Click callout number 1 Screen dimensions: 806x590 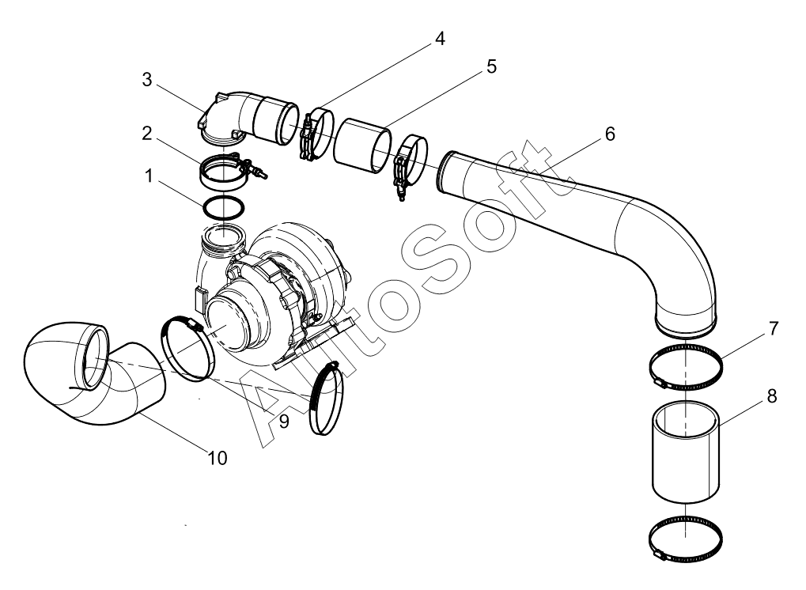click(x=149, y=176)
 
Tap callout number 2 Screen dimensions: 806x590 click(x=147, y=133)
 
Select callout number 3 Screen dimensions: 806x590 click(x=147, y=80)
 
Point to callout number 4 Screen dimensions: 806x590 click(x=440, y=39)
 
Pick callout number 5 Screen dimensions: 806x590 click(x=491, y=66)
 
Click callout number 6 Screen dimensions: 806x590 click(x=610, y=134)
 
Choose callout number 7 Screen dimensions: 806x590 click(x=774, y=328)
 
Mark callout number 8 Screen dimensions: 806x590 click(x=771, y=395)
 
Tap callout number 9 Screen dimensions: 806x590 click(x=284, y=422)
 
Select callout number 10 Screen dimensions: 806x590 click(x=218, y=457)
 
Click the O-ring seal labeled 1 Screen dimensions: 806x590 click(x=224, y=208)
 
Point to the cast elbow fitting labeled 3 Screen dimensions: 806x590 click(x=248, y=117)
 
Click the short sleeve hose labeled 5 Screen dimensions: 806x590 click(x=362, y=145)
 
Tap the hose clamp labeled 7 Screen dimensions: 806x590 click(x=685, y=367)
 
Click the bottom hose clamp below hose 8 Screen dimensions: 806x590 click(x=685, y=539)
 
